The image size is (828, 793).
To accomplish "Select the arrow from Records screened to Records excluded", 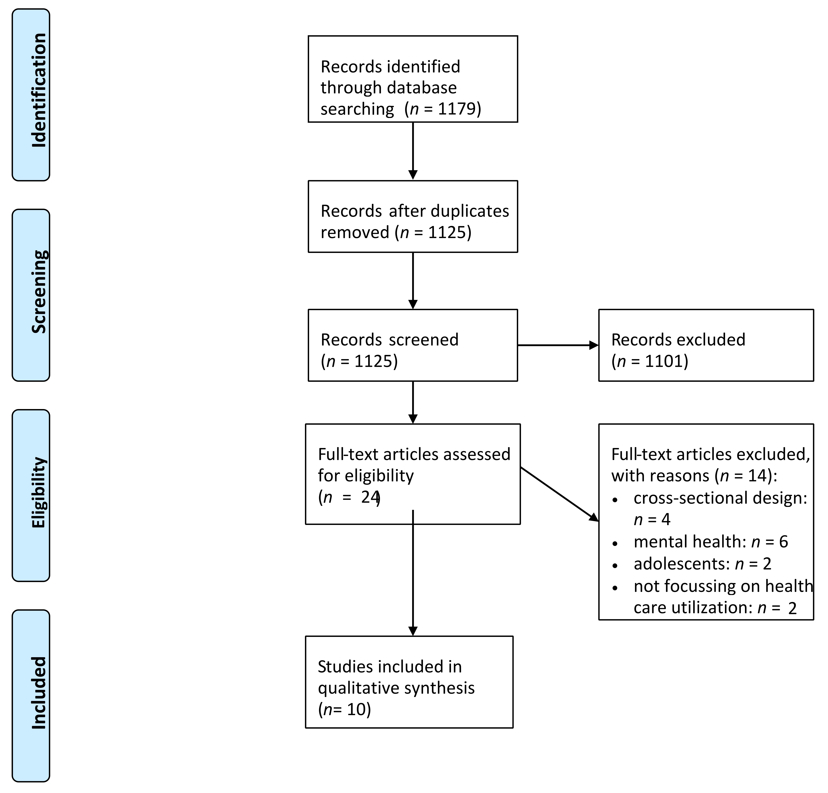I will click(558, 345).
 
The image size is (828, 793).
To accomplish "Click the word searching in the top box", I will click(357, 109).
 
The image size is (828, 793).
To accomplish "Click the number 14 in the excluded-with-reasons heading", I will click(757, 476).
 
